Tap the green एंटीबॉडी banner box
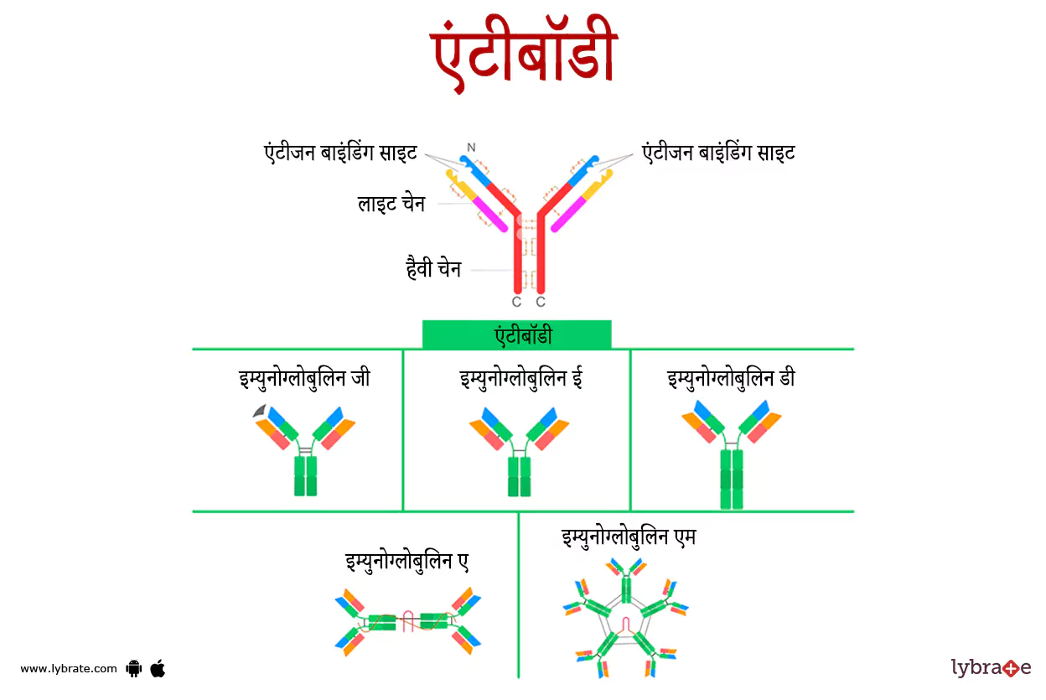point(516,335)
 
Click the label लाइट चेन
point(391,204)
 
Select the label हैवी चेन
point(432,270)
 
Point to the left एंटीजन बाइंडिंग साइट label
point(340,153)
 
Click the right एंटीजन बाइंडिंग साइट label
point(718,153)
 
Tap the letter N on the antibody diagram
point(471,148)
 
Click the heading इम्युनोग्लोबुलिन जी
point(304,378)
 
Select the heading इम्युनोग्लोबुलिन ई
point(520,378)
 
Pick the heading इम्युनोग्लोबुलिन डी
point(731,378)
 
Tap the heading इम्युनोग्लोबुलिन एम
point(629,537)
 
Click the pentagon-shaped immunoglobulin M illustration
point(626,620)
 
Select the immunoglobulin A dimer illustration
point(408,621)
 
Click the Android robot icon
point(133,668)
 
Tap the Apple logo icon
point(158,668)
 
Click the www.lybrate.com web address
point(69,668)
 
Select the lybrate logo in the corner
point(991,667)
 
